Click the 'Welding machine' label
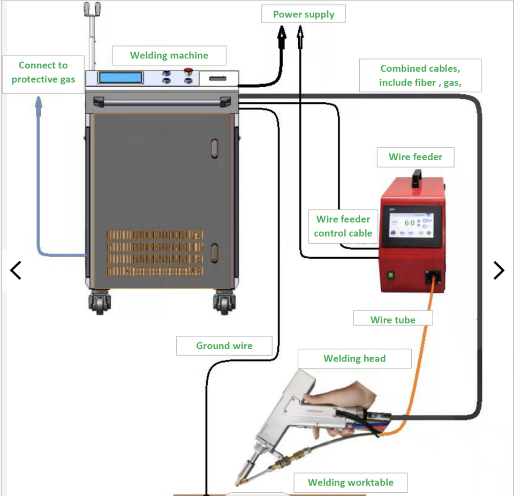click(169, 56)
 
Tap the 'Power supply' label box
click(304, 14)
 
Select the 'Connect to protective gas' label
click(43, 73)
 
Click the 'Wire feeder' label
click(415, 157)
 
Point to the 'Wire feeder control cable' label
click(343, 226)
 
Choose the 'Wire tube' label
click(392, 320)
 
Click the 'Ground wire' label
click(224, 345)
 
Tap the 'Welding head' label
click(354, 358)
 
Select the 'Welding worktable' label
click(350, 483)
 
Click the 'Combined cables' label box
click(420, 76)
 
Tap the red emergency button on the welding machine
click(188, 71)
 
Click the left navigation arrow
click(16, 270)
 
